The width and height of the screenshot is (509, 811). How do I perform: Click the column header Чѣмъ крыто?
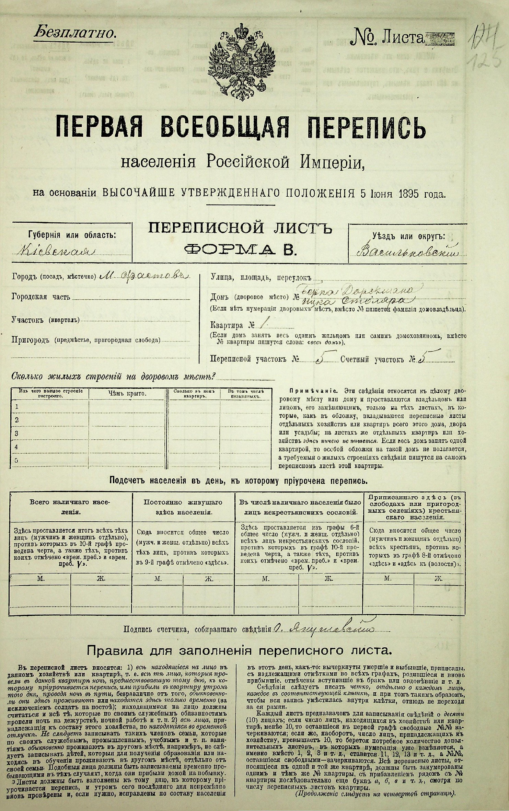129,394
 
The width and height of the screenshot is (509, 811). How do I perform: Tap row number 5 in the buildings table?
16,461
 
